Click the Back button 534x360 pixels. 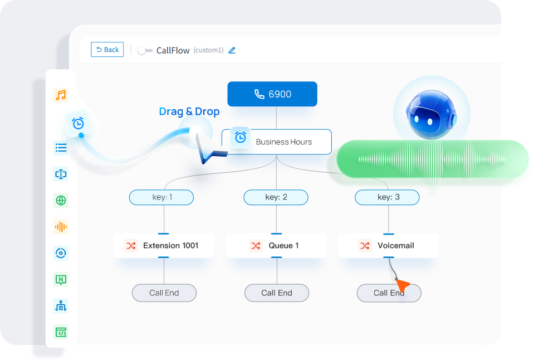point(107,50)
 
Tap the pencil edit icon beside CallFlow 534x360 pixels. point(232,50)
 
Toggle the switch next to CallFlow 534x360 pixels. point(145,51)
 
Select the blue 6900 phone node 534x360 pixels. point(272,94)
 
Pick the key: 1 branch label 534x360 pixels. point(161,197)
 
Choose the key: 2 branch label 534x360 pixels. point(276,197)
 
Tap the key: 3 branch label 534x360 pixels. point(388,197)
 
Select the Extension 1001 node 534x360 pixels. point(163,245)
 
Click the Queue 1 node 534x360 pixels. point(276,245)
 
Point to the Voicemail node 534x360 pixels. point(389,245)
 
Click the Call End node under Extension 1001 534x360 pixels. point(164,293)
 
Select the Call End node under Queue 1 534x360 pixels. point(276,293)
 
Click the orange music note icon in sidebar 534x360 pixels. point(61,95)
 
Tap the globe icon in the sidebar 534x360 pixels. point(61,201)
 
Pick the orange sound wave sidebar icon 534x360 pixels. point(61,227)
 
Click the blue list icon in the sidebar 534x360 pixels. point(61,148)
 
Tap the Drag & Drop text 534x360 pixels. point(189,111)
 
